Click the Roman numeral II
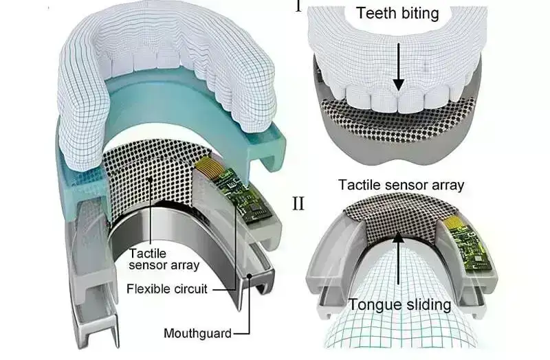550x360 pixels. tap(298, 205)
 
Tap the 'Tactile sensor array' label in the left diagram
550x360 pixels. tap(164, 259)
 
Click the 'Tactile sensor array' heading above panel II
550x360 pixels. tap(401, 184)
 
